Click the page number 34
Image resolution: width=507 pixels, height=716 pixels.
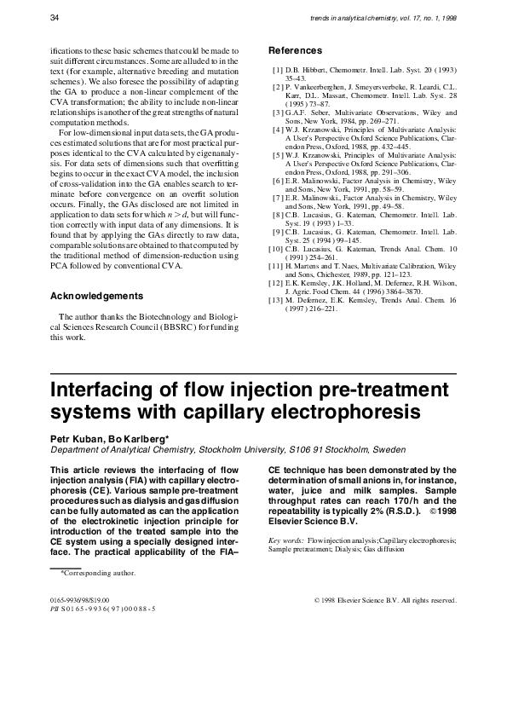point(55,17)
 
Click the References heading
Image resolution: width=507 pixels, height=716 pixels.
point(295,50)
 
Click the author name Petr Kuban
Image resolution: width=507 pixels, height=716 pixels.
point(77,437)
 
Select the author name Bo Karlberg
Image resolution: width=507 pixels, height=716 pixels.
point(140,437)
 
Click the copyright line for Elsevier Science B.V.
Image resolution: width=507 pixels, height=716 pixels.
point(385,600)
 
